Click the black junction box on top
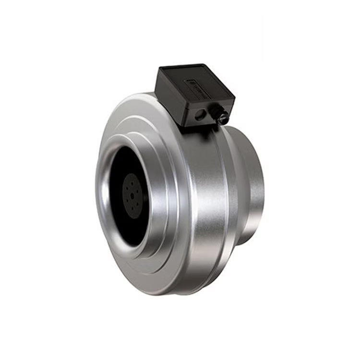(x=194, y=94)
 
